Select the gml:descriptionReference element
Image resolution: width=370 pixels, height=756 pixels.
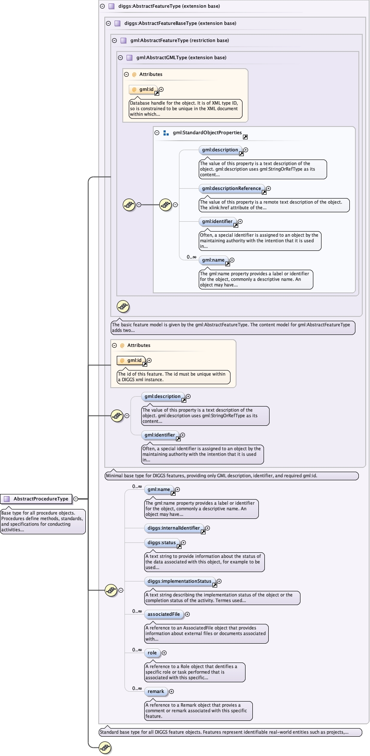click(x=231, y=188)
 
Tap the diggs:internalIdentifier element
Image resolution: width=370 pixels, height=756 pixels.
click(x=173, y=528)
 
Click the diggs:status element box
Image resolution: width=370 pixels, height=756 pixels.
click(x=161, y=542)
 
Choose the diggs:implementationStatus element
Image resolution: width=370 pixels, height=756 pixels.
click(x=179, y=581)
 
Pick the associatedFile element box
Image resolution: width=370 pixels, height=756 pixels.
click(x=164, y=614)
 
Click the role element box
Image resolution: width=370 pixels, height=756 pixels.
click(x=152, y=653)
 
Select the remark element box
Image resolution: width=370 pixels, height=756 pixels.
click(x=156, y=691)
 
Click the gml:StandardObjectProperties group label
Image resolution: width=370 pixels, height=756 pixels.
click(x=207, y=133)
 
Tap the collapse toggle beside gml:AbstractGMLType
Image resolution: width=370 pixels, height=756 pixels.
click(x=121, y=57)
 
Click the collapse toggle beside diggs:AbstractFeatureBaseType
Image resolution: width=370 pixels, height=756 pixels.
click(x=109, y=23)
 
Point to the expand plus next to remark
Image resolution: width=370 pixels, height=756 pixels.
click(x=172, y=691)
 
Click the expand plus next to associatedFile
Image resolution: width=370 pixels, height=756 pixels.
click(x=187, y=614)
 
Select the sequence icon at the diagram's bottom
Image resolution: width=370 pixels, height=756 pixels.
click(x=105, y=747)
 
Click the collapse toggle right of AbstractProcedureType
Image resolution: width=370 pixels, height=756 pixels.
click(x=76, y=499)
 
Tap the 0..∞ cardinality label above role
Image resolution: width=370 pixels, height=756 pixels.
click(x=137, y=650)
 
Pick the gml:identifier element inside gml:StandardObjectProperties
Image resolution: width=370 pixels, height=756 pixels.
click(x=217, y=221)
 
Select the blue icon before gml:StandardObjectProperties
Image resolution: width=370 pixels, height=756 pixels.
click(x=166, y=133)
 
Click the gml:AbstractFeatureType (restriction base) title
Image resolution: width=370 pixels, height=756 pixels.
click(x=179, y=40)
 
